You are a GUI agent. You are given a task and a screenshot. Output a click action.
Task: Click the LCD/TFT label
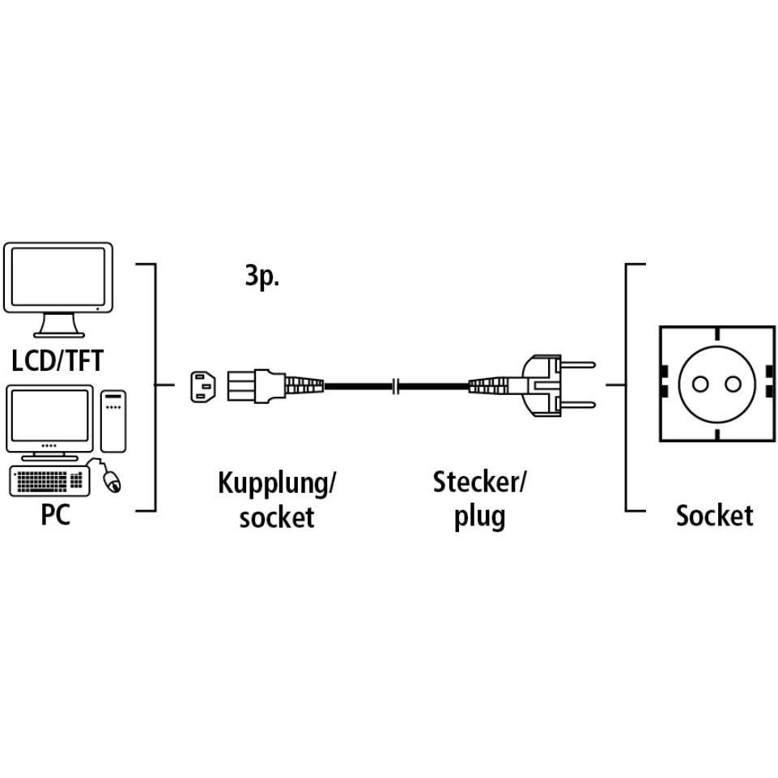pos(57,361)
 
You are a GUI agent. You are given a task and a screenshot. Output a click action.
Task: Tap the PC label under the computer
pos(55,515)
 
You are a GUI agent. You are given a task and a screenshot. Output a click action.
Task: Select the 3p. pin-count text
pos(262,276)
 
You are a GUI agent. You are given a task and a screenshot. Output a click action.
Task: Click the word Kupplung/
pos(277,483)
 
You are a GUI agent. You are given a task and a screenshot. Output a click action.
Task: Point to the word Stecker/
pos(478,483)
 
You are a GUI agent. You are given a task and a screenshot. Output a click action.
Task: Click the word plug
pos(480,517)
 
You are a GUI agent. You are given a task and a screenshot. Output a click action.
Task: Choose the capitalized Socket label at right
pos(715,515)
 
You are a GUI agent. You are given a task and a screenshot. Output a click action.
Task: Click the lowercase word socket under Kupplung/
pos(277,517)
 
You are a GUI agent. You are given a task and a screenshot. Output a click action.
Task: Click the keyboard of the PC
pos(49,480)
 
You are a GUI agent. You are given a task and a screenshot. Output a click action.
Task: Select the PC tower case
pos(113,421)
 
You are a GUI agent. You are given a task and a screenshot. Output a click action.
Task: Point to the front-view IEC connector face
pos(203,386)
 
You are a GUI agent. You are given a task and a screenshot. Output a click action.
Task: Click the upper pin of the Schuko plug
pos(578,364)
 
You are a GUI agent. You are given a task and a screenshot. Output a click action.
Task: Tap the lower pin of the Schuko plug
pos(578,405)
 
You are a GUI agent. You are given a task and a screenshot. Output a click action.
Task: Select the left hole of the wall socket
pos(700,384)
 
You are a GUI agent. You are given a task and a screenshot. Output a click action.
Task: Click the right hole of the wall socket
pos(733,384)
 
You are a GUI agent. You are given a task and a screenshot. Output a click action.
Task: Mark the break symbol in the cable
pos(395,385)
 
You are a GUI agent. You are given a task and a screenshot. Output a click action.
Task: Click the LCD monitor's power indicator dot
pos(97,308)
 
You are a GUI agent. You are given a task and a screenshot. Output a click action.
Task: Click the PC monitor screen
pos(49,415)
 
